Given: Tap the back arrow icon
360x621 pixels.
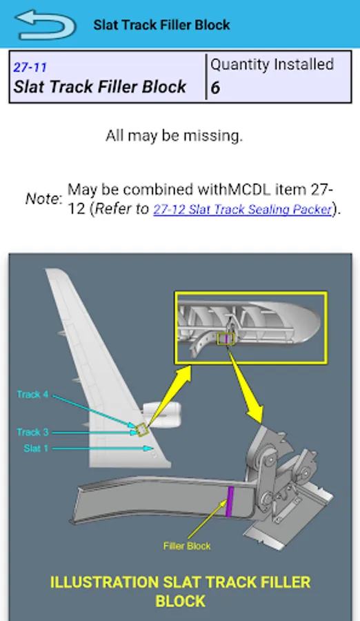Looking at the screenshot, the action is pos(44,25).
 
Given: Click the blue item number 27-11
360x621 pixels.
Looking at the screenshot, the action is pos(30,67).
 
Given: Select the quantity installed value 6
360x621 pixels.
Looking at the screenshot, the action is pos(215,88).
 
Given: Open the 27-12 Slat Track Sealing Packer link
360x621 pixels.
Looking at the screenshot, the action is pos(242,208).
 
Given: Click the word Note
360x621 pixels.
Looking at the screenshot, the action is pos(43,199).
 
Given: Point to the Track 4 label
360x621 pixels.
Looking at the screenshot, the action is pos(32,395).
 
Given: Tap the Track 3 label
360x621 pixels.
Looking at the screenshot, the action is pos(32,432).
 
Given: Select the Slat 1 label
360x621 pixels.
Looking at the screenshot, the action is pos(36,448).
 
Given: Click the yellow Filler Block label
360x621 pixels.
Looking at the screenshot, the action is pos(186,546).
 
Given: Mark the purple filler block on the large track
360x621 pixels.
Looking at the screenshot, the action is pos(229,502).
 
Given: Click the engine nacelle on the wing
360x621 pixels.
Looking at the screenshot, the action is pos(161,415).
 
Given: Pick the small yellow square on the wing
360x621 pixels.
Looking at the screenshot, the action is pos(142,429).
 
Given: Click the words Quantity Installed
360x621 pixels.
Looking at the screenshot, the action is pos(272,64).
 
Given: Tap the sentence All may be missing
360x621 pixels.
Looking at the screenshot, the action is pos(174,136).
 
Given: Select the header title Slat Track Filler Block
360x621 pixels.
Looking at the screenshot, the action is pos(161,25).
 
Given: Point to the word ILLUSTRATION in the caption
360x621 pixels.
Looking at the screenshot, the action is pos(104,582).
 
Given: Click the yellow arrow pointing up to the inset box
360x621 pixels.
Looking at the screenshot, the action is pos(169,395).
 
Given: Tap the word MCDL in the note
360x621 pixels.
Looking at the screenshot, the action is pos(250,189).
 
